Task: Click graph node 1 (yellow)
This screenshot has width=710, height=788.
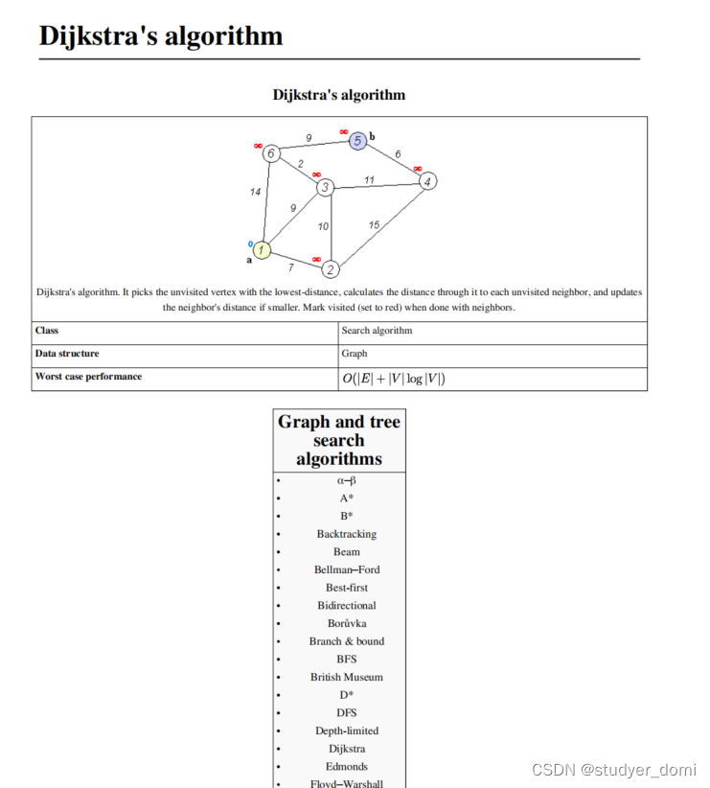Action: [x=262, y=249]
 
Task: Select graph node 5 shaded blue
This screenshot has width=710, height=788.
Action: [x=357, y=141]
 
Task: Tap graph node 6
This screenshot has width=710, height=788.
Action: [x=272, y=153]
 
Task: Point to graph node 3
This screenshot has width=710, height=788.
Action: [x=326, y=187]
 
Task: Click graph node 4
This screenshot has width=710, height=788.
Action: [x=428, y=180]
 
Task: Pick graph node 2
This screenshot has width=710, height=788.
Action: [x=331, y=269]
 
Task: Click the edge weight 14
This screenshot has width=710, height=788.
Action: [x=255, y=192]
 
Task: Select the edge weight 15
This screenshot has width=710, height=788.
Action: [x=374, y=224]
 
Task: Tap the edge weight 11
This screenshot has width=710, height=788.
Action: [x=369, y=179]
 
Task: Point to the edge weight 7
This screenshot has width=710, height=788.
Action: [x=291, y=267]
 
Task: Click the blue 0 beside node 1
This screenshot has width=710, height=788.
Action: [x=251, y=243]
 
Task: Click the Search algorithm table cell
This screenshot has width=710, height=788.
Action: [x=377, y=331]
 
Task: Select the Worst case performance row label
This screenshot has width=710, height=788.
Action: [x=88, y=377]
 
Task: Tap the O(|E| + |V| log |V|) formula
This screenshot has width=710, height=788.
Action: [x=393, y=379]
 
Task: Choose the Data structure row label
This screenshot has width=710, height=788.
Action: [x=67, y=354]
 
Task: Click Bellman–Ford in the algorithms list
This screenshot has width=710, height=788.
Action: [x=346, y=569]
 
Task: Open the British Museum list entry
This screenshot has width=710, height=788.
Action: [x=346, y=677]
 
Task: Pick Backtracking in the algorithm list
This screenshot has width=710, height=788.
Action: [x=346, y=534]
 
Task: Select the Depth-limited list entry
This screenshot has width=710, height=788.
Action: [x=346, y=730]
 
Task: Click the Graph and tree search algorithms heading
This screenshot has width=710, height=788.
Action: [x=339, y=440]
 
